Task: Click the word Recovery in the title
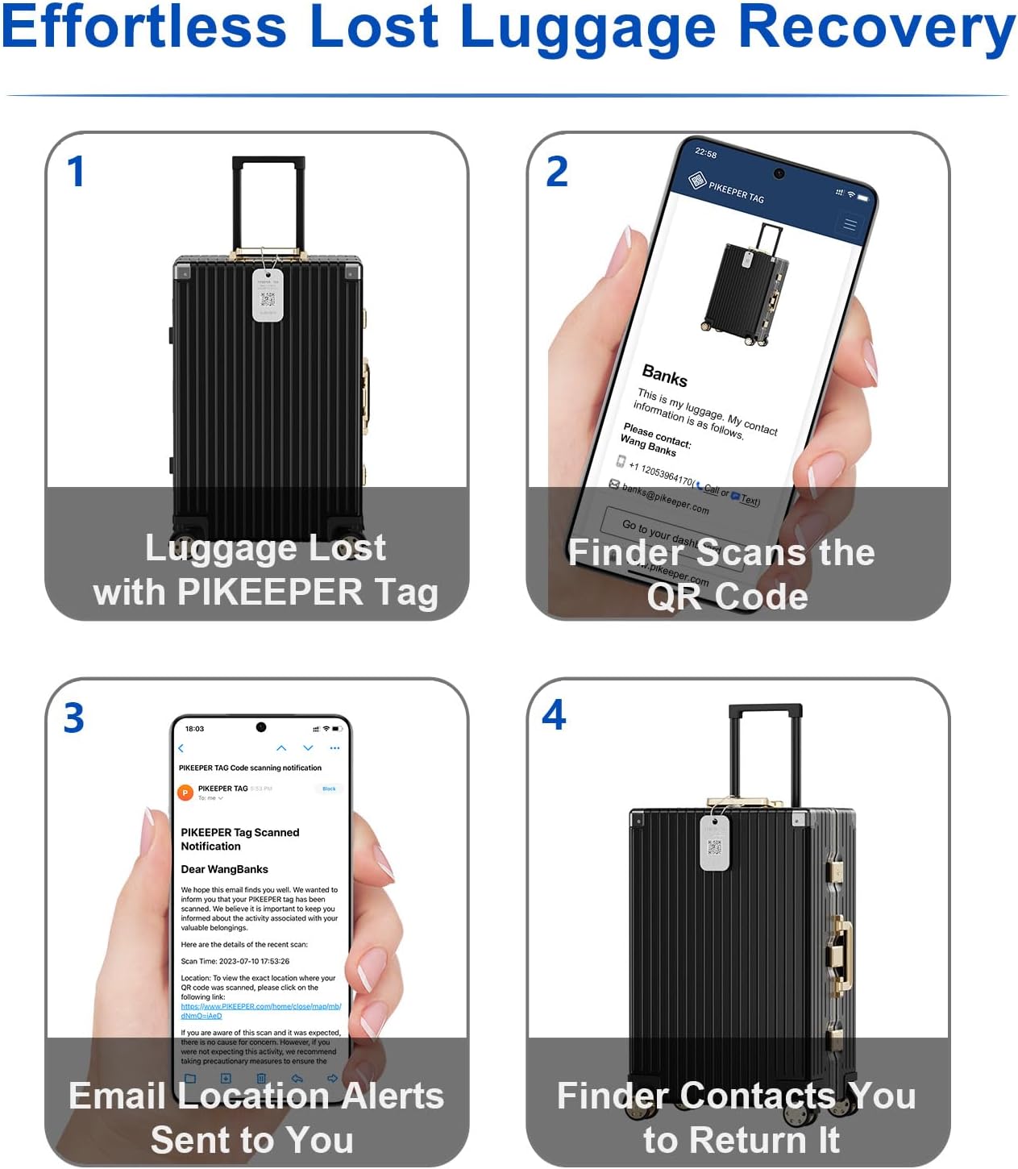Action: (876, 28)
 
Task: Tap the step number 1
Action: (76, 172)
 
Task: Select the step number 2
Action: (557, 172)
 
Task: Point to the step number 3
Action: (74, 718)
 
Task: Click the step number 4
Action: (555, 715)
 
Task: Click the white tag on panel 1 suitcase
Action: (268, 295)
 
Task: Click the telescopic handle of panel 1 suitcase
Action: (268, 202)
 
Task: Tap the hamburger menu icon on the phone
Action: (850, 224)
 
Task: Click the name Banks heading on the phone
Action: (664, 376)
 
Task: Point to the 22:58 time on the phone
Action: (705, 153)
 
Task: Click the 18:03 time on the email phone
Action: (194, 729)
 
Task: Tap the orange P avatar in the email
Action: (185, 793)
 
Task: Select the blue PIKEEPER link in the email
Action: (260, 1011)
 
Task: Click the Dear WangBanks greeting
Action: (224, 869)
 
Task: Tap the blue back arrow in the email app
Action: (181, 749)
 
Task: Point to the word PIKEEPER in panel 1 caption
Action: (270, 593)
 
